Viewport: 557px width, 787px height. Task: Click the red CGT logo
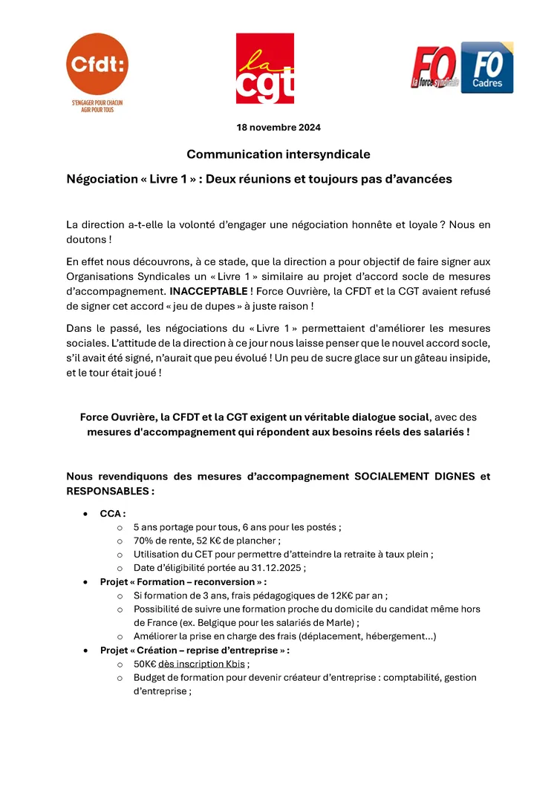264,68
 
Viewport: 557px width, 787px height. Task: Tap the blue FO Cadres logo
487,68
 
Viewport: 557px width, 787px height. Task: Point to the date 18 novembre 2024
278,128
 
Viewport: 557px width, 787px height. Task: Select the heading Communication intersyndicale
278,154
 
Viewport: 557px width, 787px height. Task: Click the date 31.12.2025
276,567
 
